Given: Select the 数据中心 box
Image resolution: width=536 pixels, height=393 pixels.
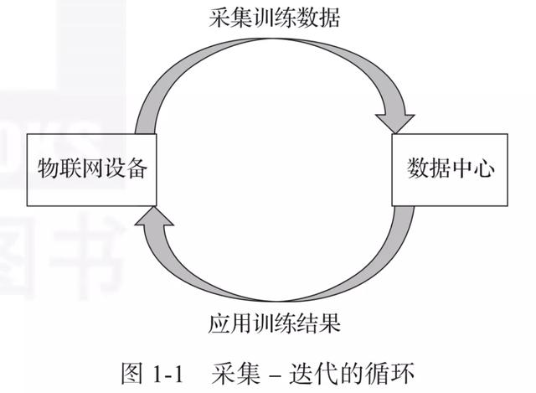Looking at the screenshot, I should (451, 170).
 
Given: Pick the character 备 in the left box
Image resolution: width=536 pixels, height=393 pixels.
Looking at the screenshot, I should (137, 170).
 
